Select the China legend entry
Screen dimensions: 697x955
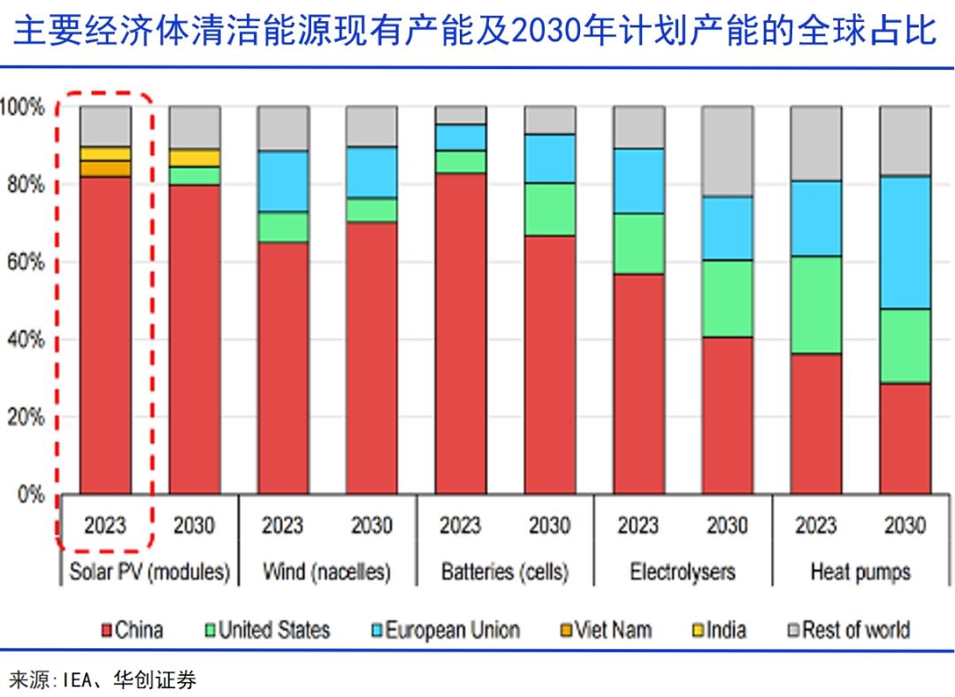133,631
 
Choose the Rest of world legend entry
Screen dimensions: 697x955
848,631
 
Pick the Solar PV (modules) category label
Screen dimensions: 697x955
149,572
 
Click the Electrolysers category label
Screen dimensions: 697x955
682,572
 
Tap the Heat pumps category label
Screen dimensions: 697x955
859,572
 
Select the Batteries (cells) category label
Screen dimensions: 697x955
504,572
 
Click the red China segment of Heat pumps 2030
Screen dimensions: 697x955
905,438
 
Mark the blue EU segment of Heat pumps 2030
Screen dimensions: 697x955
905,242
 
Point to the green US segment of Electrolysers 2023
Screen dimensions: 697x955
638,243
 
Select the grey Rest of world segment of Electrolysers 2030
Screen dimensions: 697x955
727,150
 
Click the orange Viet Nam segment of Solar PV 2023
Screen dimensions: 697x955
105,168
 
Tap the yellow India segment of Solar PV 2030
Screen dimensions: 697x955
194,157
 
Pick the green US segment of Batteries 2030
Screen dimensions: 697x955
549,209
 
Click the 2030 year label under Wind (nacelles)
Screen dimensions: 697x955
371,525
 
